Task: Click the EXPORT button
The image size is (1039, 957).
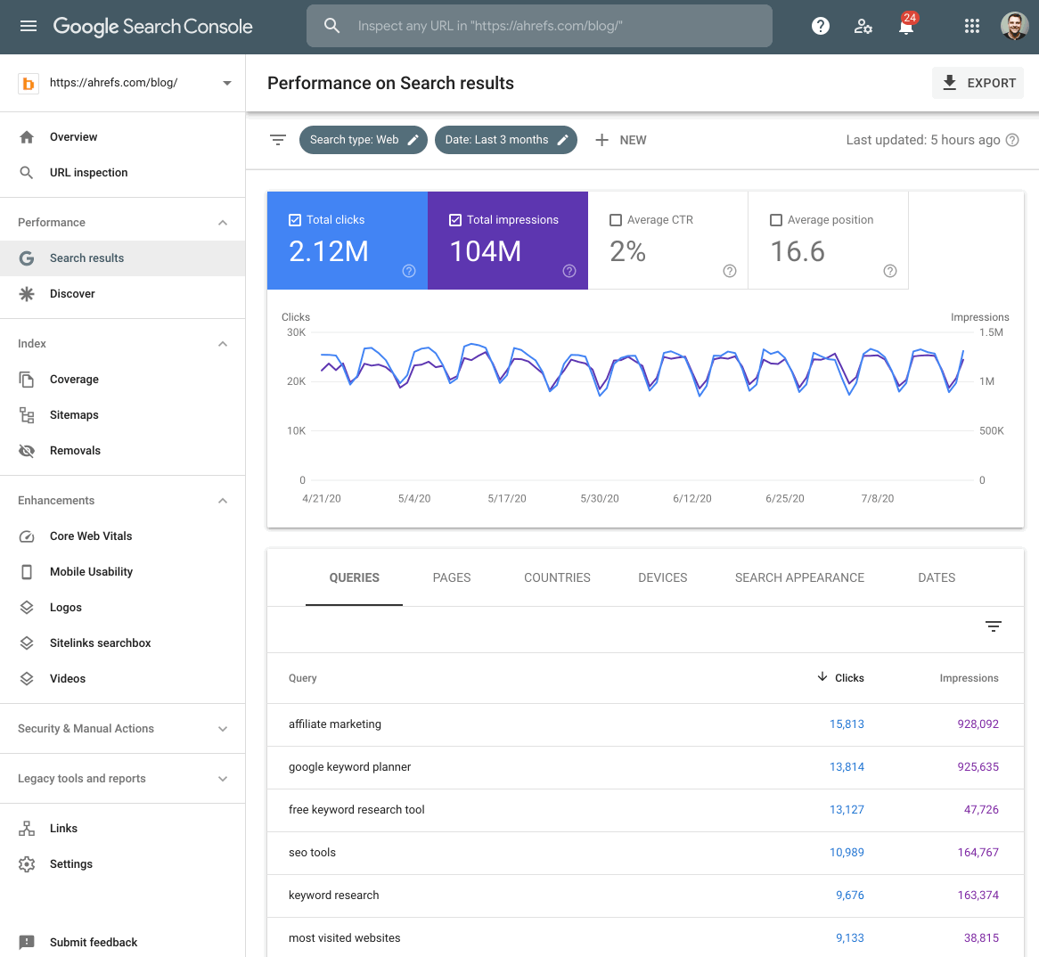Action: click(978, 83)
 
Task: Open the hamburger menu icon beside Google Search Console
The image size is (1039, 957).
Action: click(29, 26)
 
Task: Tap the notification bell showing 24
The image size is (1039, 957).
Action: click(906, 26)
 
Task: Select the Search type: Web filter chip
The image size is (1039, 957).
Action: click(363, 140)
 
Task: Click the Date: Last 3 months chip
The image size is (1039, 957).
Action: click(505, 140)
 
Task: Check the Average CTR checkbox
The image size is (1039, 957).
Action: click(616, 220)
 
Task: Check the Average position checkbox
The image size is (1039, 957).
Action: click(776, 220)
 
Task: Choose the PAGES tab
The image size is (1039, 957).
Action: click(452, 577)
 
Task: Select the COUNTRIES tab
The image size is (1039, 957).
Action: click(557, 577)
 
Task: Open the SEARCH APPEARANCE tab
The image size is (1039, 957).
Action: click(799, 577)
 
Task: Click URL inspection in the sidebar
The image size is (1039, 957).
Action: click(88, 173)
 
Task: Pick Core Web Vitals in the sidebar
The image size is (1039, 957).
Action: click(91, 536)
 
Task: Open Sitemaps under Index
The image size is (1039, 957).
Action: click(74, 415)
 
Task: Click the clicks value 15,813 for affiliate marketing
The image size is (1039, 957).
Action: click(847, 724)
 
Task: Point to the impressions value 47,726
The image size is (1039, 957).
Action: click(981, 810)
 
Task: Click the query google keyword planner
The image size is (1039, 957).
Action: click(349, 767)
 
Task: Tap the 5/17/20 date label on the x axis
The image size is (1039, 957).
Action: click(507, 498)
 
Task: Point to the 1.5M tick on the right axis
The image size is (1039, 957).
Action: click(991, 332)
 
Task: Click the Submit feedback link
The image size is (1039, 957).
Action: click(94, 942)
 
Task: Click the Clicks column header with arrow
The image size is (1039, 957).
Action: click(841, 678)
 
